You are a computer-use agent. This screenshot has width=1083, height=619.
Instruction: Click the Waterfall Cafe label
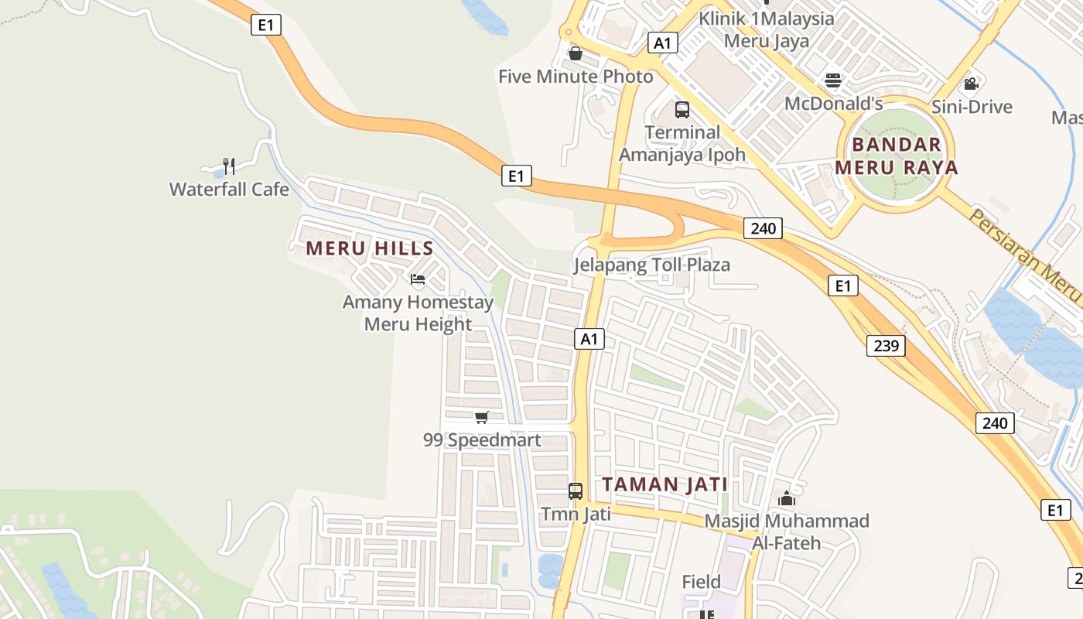(229, 189)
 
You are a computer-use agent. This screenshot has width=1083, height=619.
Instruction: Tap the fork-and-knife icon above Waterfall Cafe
(228, 166)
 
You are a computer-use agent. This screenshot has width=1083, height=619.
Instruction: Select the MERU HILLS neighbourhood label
(370, 248)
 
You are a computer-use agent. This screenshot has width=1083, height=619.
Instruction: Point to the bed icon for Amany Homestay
(418, 279)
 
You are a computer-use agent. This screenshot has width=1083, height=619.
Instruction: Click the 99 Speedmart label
(482, 440)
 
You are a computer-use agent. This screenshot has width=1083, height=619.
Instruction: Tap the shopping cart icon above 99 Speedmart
(482, 418)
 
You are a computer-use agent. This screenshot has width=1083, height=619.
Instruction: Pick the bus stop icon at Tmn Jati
(576, 491)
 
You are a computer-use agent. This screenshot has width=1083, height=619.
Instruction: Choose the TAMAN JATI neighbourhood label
(665, 484)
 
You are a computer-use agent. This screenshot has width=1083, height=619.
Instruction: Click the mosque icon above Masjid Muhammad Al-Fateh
(787, 498)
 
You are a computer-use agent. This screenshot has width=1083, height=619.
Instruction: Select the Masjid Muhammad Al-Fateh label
(787, 532)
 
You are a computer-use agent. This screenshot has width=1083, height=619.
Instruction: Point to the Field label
(701, 581)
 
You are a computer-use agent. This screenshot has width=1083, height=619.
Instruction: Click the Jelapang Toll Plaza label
(651, 265)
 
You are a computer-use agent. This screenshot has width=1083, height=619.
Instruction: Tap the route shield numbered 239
(885, 345)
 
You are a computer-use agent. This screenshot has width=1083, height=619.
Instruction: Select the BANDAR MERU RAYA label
(897, 156)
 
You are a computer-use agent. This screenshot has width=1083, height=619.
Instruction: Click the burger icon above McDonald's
(833, 80)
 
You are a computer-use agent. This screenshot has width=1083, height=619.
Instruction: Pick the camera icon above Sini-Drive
(972, 84)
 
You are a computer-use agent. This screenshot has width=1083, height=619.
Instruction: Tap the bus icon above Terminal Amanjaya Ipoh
(682, 110)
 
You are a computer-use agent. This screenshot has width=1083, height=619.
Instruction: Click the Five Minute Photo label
(576, 77)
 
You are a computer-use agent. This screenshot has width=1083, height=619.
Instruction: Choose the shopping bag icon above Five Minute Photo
(575, 53)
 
